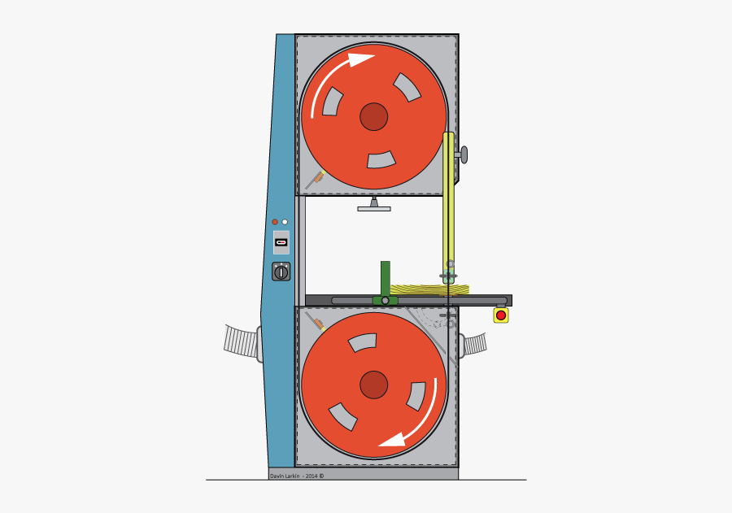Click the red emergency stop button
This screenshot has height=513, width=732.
[501, 315]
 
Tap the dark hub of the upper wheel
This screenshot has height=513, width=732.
[373, 116]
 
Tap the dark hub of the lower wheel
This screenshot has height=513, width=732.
[373, 385]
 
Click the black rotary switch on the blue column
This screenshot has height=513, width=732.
[281, 272]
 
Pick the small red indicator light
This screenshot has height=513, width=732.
[275, 222]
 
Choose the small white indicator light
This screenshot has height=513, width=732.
[285, 222]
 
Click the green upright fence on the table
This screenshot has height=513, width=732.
[385, 279]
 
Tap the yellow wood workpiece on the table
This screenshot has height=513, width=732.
[429, 289]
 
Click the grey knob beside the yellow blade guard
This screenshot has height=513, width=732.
[464, 154]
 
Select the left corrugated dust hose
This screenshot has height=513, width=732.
[241, 341]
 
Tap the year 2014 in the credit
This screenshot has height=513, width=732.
[311, 476]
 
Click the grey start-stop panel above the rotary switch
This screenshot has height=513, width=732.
[281, 242]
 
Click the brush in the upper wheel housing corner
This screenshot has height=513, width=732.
[315, 180]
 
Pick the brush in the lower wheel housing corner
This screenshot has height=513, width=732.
[316, 322]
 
